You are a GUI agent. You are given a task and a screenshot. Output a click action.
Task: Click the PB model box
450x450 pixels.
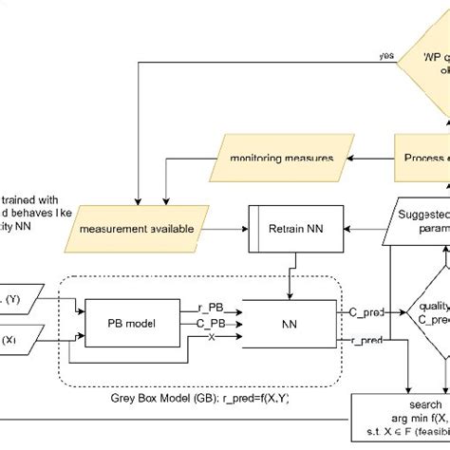127,324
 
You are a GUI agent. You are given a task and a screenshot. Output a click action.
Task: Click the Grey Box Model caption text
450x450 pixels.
201,401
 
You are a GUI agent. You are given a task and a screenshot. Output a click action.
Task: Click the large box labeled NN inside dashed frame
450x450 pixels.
289,324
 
